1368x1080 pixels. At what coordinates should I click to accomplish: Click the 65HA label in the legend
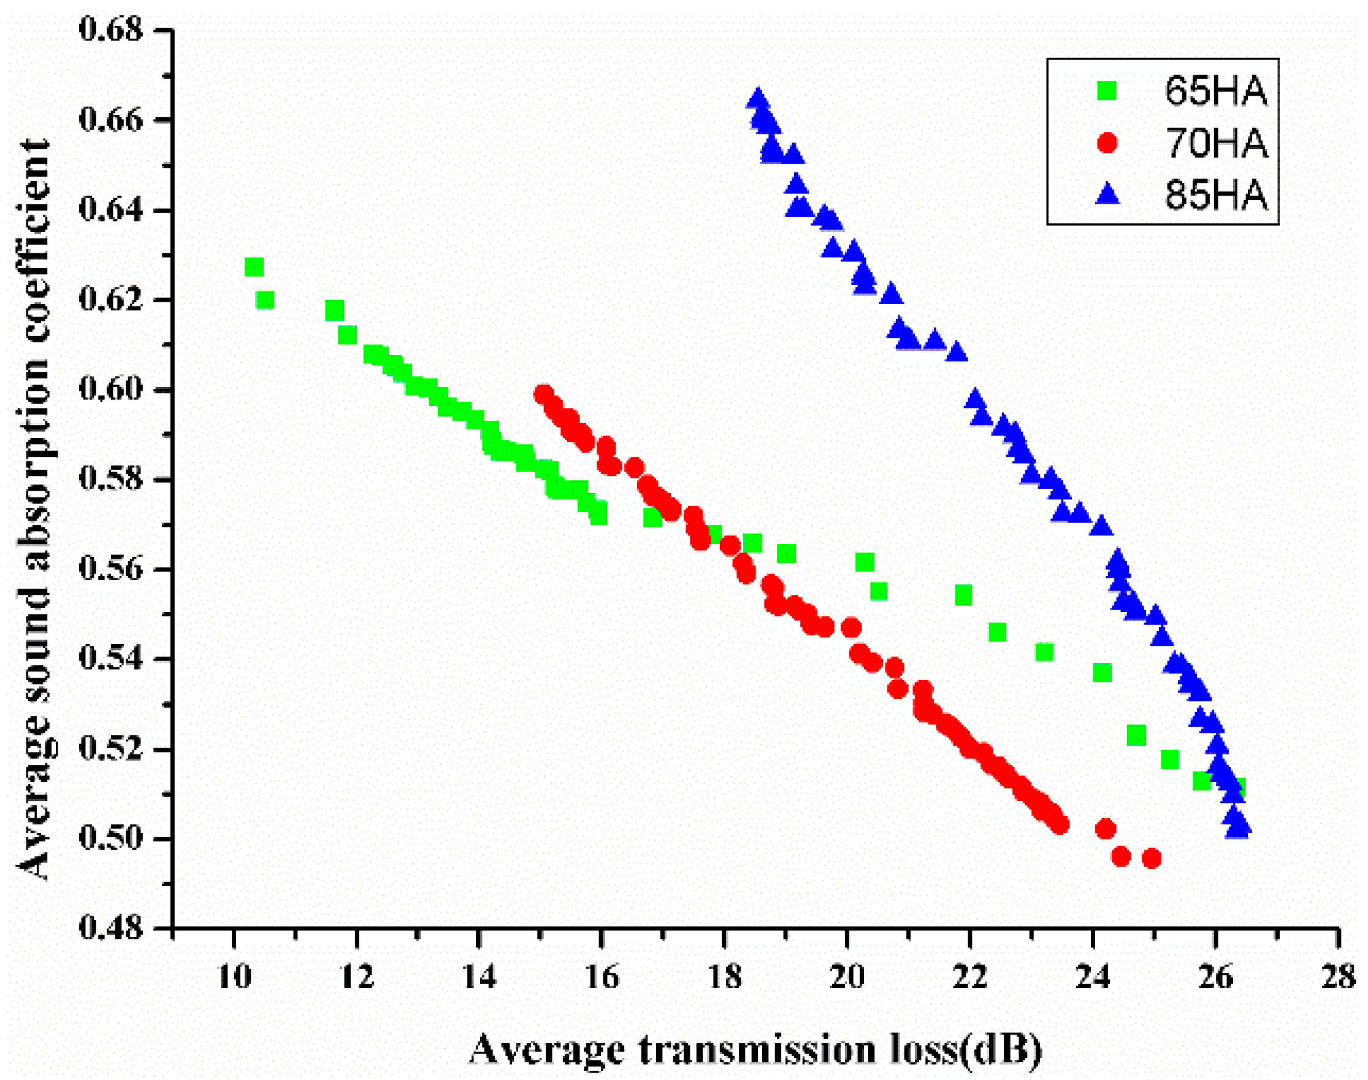[1216, 91]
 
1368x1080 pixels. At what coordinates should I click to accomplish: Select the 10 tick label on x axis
[234, 977]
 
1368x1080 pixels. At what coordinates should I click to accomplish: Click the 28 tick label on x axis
[1338, 977]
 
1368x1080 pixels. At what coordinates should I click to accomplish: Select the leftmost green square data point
[253, 267]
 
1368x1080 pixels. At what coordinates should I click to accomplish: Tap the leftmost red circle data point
[543, 394]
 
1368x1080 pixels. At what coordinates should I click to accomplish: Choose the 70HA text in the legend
[1216, 144]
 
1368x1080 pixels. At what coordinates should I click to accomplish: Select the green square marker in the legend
[1107, 91]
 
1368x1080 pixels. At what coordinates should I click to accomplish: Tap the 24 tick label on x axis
[1093, 977]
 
